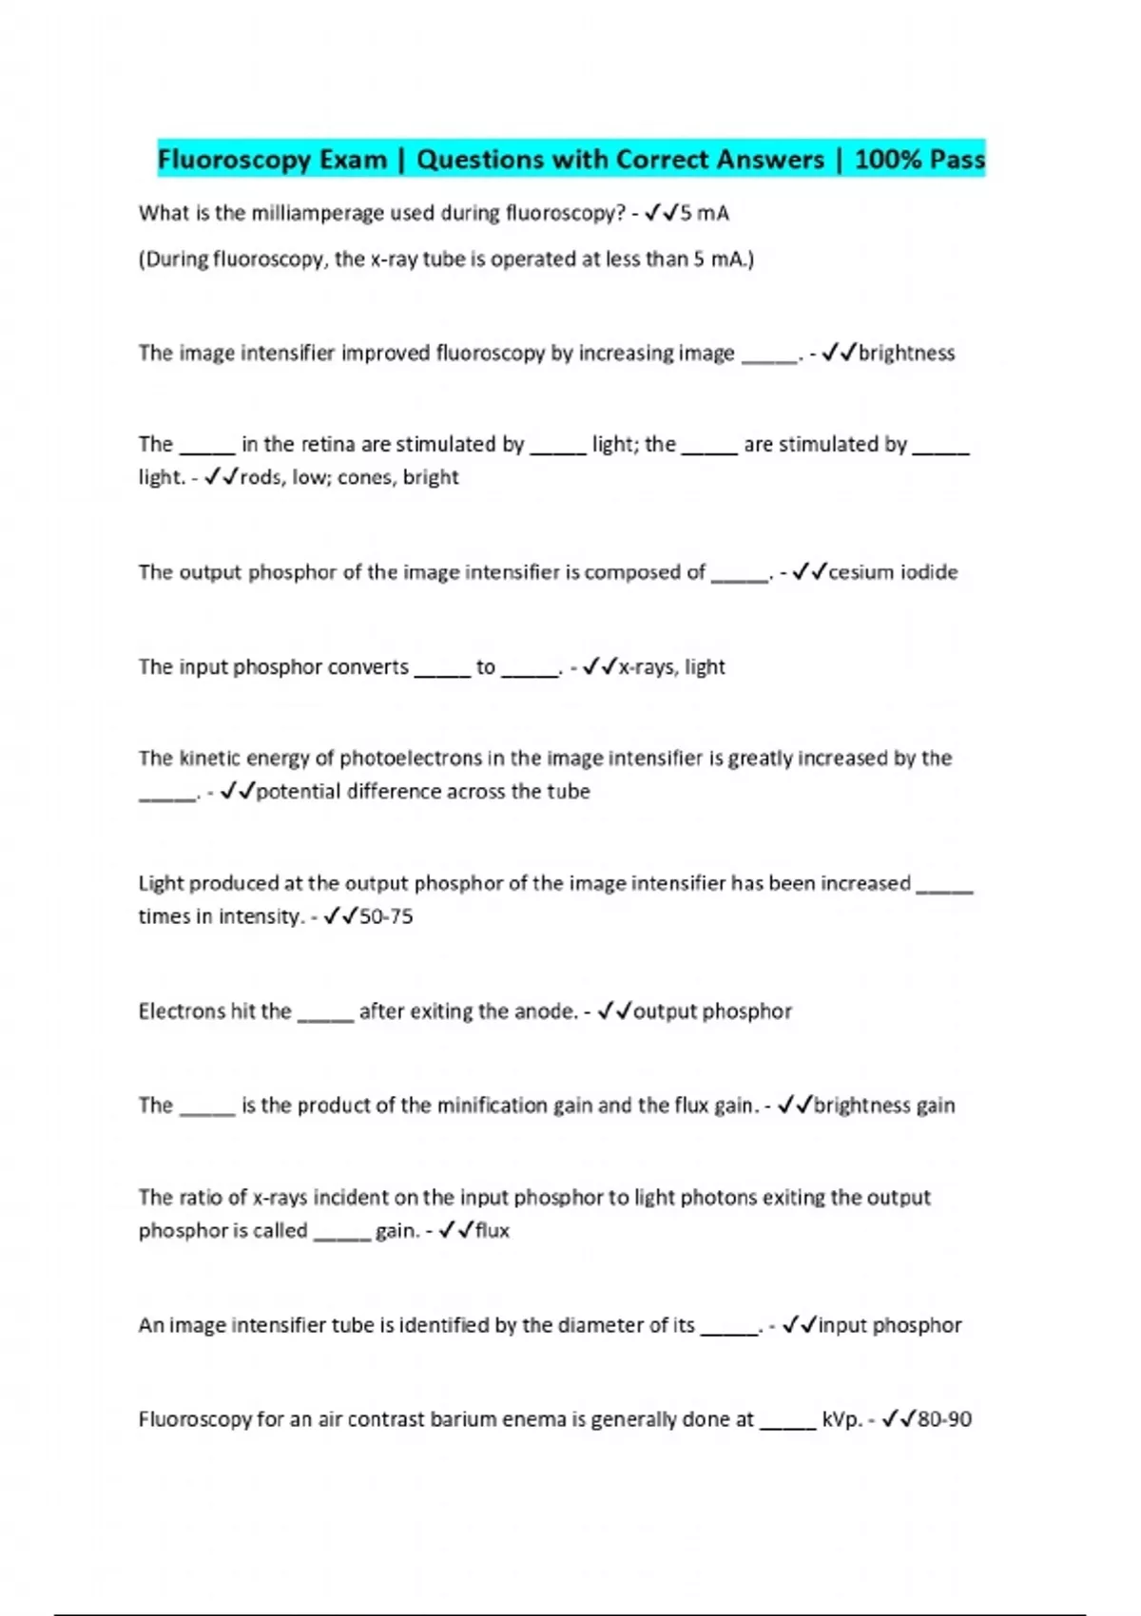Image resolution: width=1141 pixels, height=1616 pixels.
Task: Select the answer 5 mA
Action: coord(704,214)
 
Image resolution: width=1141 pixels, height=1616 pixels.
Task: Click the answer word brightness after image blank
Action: coord(906,354)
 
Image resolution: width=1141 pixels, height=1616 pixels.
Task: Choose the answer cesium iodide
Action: coord(893,572)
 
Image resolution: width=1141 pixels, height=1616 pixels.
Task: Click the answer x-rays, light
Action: coord(671,667)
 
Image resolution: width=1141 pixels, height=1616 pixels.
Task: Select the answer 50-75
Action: coord(386,917)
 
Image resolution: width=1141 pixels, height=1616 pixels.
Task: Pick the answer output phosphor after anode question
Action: coord(712,1011)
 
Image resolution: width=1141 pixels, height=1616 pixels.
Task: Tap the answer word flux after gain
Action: coord(492,1231)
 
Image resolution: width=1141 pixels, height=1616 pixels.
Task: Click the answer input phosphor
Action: coord(890,1325)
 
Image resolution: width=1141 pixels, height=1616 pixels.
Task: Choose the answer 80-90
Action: coord(945,1420)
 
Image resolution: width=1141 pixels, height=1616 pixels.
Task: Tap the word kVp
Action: coord(841,1420)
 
